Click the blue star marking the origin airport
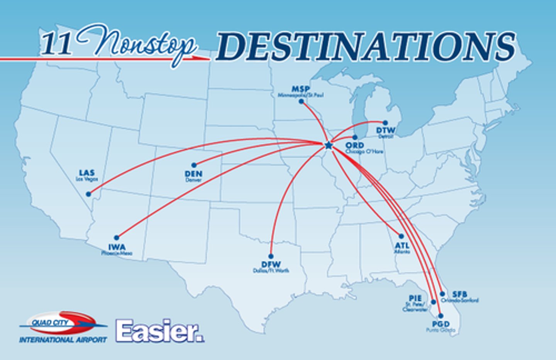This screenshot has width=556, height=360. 328,145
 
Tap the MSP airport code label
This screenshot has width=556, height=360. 300,89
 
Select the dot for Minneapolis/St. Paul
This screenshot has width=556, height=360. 301,101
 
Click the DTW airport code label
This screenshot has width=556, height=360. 385,130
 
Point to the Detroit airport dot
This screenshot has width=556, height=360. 385,123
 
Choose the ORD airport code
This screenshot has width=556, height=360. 354,145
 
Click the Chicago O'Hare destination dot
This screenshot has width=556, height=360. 355,137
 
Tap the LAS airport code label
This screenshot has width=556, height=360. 86,173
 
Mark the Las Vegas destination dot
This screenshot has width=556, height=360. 88,194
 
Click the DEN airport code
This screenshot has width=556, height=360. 193,174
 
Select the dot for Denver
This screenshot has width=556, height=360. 194,165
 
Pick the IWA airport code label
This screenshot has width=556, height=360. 117,247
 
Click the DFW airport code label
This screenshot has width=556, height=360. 271,265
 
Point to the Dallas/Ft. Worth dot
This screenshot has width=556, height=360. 271,256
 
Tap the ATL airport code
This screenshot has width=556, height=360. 402,245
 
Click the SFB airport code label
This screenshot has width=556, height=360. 459,294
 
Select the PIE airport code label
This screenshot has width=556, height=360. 415,298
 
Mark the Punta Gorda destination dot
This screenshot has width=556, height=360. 441,316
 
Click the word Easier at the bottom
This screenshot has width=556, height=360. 159,331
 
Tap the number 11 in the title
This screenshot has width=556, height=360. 56,44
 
